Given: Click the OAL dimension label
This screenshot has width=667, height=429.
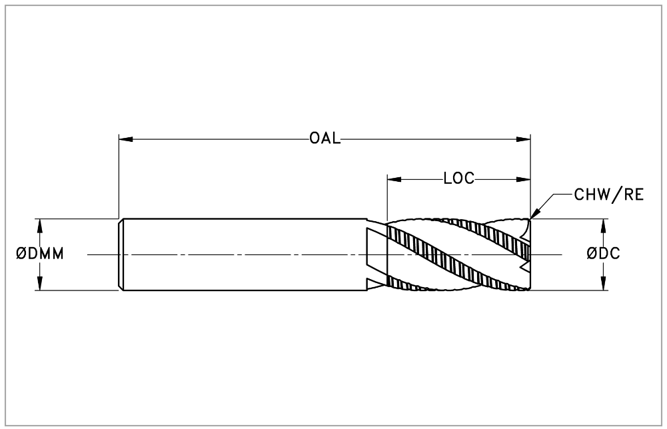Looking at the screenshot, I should [x=325, y=139].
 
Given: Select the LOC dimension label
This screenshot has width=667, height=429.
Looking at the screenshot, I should [x=458, y=179].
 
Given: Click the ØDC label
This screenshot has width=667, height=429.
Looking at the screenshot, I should [x=604, y=254].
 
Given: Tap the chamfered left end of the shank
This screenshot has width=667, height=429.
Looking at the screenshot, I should [x=121, y=254].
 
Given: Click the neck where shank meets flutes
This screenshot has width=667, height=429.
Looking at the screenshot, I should [x=376, y=254].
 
